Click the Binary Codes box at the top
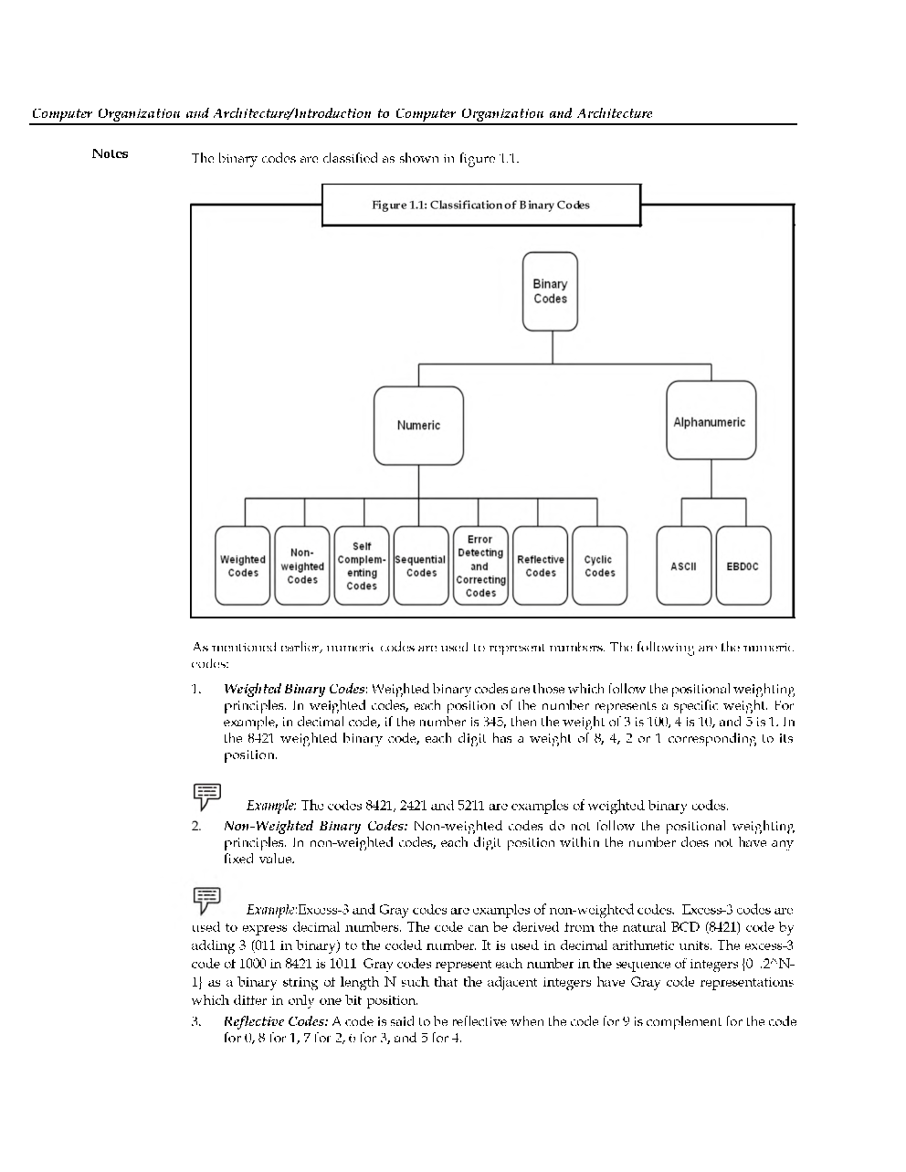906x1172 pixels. point(550,291)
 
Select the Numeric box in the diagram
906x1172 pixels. point(418,426)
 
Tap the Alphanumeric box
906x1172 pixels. point(711,421)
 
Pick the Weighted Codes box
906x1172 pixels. point(243,566)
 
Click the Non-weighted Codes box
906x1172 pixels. point(302,566)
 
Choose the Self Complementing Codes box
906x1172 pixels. point(362,566)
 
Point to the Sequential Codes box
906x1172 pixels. point(421,566)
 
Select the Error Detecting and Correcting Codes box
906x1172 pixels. point(480,566)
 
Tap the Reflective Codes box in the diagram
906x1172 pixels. point(541,566)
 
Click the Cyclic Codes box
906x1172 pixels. point(599,566)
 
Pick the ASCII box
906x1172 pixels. point(683,566)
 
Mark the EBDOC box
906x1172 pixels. point(743,566)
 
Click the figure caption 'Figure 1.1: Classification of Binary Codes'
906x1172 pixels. point(480,205)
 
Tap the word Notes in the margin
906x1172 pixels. point(110,153)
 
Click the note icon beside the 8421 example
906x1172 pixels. point(207,797)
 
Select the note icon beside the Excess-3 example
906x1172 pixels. point(207,900)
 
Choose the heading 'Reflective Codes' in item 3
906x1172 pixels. point(276,1021)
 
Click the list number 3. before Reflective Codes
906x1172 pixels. point(198,1021)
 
